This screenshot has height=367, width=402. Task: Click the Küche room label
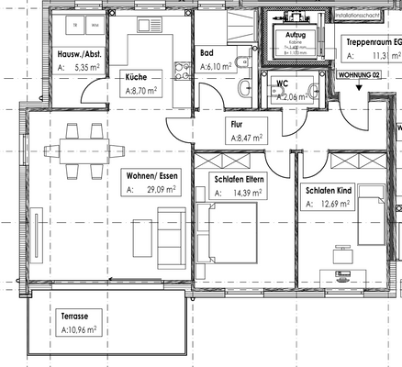click(x=139, y=77)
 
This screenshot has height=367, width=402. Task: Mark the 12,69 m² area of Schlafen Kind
click(x=338, y=205)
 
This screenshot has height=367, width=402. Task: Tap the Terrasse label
click(x=56, y=313)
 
